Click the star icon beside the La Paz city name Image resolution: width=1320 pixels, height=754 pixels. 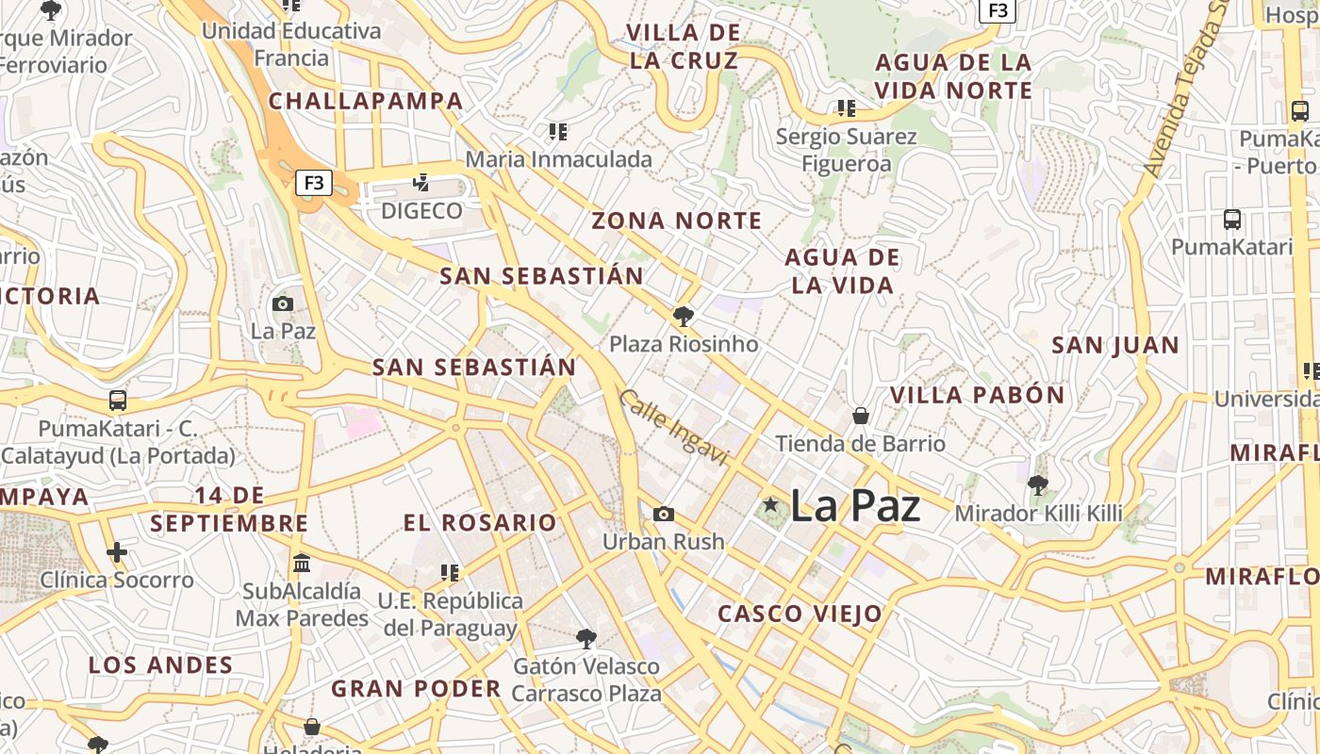(x=770, y=505)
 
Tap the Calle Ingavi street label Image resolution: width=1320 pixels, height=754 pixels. (x=674, y=428)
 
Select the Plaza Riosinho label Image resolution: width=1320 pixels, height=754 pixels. (x=684, y=344)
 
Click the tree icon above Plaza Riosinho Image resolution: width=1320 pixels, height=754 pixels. (x=684, y=316)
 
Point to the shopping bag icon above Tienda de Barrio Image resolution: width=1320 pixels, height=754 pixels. (x=860, y=415)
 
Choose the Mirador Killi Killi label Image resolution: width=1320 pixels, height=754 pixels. (x=1038, y=514)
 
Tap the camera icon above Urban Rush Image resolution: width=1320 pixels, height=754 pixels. (x=664, y=514)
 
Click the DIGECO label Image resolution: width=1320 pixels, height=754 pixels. (x=421, y=210)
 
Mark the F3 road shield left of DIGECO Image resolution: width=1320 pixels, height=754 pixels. (x=314, y=182)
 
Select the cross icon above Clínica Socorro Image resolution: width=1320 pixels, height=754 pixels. (x=117, y=552)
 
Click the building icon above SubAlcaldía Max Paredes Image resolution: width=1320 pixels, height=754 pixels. (x=302, y=563)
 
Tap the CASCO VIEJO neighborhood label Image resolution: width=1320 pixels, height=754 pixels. (x=800, y=615)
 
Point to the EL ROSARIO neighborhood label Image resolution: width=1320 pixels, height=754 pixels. (x=480, y=522)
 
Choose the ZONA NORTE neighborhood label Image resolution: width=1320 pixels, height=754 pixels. (x=676, y=221)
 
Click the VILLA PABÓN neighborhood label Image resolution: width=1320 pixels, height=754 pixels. (x=977, y=395)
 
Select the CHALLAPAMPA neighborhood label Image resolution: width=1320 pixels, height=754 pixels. (x=366, y=101)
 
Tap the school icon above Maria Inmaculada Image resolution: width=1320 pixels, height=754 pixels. (x=558, y=132)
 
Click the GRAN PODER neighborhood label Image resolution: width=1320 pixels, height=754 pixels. (x=416, y=688)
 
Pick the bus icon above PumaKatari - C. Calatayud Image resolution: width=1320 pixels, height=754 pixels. (x=118, y=400)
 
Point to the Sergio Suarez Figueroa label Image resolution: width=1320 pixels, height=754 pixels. (x=846, y=150)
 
